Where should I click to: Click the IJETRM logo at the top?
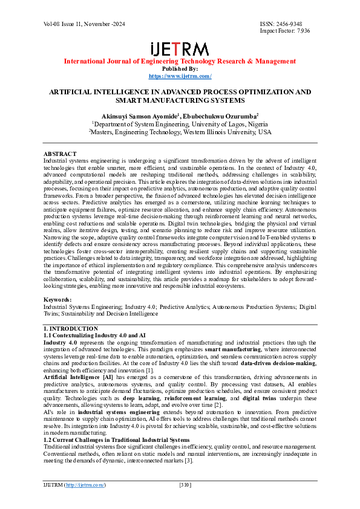pos(180,49)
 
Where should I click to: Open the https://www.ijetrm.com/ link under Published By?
pos(180,76)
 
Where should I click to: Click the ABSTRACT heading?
pos(60,154)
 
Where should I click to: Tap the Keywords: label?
pos(57,300)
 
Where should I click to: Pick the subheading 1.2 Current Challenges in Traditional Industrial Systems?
pos(116,423)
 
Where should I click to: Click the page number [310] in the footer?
pos(186,485)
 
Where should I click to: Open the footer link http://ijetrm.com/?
pos(85,485)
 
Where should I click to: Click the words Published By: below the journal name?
pos(180,69)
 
